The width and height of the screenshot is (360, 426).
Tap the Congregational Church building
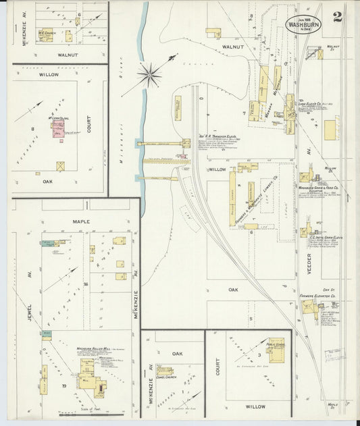tap(164, 371)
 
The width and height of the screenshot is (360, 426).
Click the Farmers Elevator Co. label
tap(318, 295)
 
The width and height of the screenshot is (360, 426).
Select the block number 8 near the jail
tap(32, 128)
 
